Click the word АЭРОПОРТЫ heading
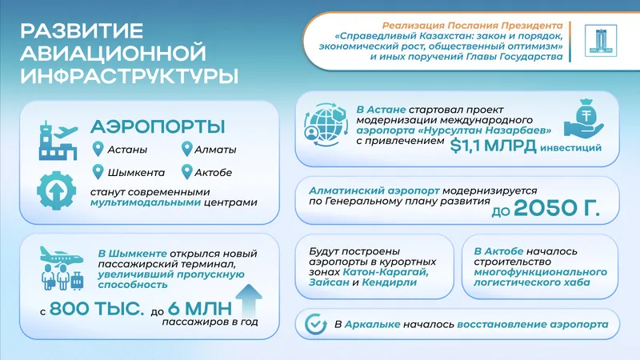158,126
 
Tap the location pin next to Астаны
98,149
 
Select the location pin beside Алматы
187,149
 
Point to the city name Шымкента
136,173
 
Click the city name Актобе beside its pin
213,172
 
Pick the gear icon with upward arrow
56,190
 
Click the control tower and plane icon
58,140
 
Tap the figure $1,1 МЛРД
493,146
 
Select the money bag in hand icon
584,118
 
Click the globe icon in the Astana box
326,125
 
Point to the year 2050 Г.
557,208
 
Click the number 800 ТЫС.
97,309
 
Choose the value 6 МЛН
199,309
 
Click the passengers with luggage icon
62,268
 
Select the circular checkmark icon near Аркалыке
315,325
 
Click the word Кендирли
389,282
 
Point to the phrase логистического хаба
532,282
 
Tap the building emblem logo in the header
601,41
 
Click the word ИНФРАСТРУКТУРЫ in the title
129,76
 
